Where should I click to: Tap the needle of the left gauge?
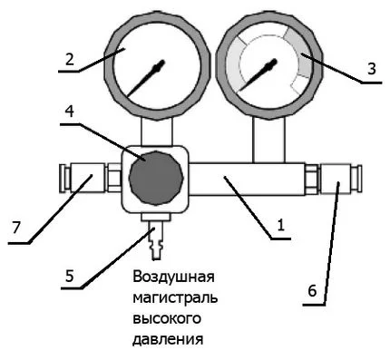[x=145, y=79]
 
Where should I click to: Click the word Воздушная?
[x=174, y=277]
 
